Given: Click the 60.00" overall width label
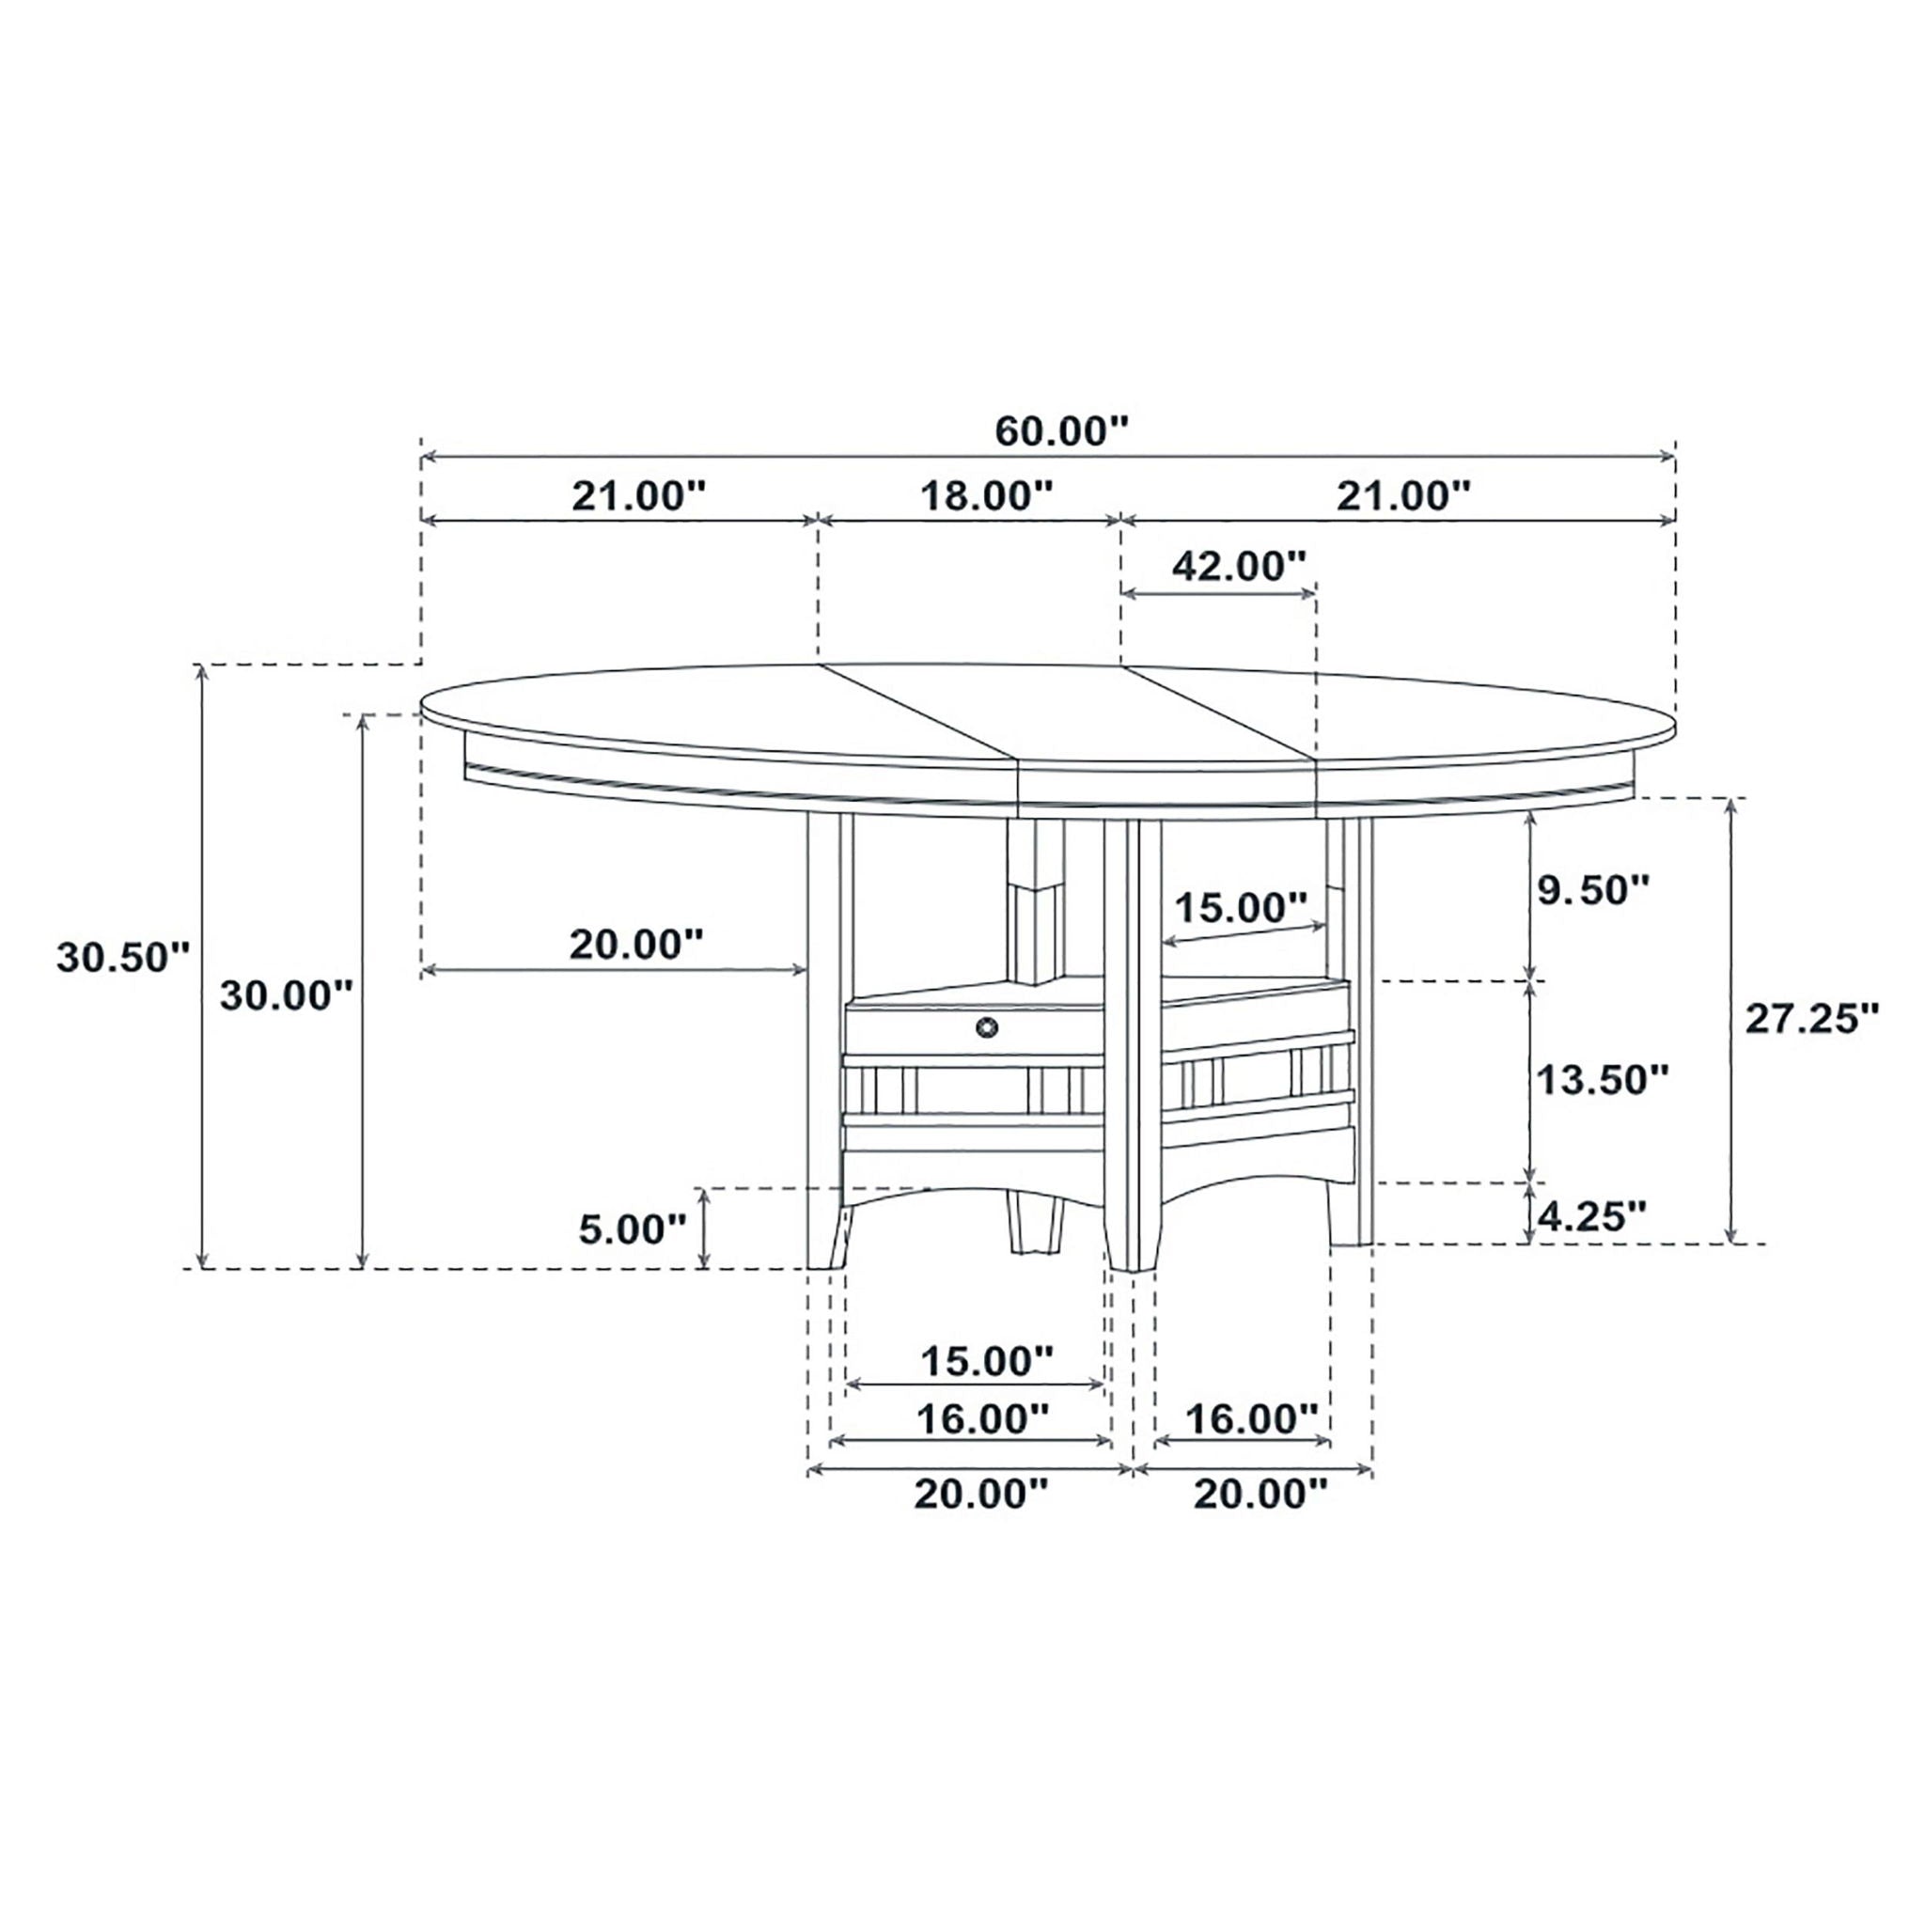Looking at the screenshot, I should coord(1062,431).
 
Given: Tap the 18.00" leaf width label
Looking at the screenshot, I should coord(984,495).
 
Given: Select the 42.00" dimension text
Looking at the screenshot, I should coord(1239,566).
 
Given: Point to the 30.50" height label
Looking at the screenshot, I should coord(122,958).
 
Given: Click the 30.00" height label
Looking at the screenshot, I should coord(287,995).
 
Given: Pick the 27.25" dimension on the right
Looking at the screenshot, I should coord(1811,1018).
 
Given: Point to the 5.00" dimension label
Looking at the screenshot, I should coord(633,1229).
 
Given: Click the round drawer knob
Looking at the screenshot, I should coord(986,1027).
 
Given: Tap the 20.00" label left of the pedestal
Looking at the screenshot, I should coord(636,944).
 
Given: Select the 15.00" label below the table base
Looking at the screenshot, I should coord(985,1361).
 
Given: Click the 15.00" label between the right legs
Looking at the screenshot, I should coord(1241,908).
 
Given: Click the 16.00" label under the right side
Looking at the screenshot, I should coord(1251,1418).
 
